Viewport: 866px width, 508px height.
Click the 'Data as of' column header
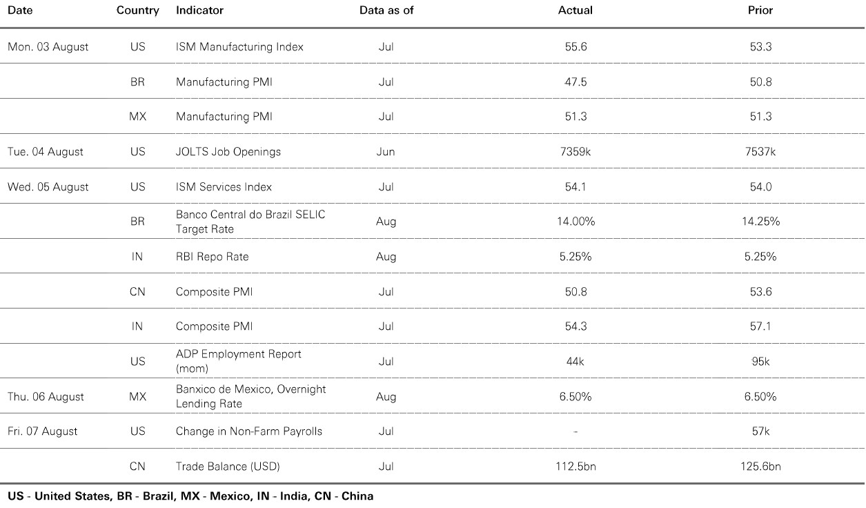click(x=386, y=10)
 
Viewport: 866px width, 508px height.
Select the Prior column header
click(x=760, y=10)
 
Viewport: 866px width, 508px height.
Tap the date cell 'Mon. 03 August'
click(x=48, y=47)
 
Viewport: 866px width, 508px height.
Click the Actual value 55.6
click(x=575, y=47)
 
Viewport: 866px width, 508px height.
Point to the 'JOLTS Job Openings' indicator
click(x=228, y=152)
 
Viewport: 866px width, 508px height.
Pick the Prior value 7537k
click(x=760, y=152)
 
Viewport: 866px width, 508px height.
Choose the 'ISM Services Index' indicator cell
click(x=224, y=187)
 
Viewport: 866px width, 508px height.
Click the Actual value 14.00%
click(x=575, y=222)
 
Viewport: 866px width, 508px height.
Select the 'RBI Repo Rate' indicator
click(x=212, y=257)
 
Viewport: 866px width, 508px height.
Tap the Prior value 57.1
click(x=760, y=326)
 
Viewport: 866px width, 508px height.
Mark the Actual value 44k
click(x=575, y=362)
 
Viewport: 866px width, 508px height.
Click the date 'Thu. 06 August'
click(x=46, y=397)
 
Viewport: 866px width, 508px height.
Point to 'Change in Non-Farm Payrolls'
click(x=248, y=431)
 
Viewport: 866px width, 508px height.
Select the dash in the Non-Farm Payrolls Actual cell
click(x=575, y=432)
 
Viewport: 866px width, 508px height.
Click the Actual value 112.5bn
click(x=575, y=467)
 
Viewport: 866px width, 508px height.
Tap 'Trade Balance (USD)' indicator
click(x=228, y=467)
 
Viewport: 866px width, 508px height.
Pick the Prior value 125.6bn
click(x=760, y=467)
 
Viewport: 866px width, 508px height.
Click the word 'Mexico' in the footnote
click(x=230, y=496)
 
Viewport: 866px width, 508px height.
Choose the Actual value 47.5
click(x=575, y=82)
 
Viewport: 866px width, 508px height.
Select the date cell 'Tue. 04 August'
click(x=46, y=152)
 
